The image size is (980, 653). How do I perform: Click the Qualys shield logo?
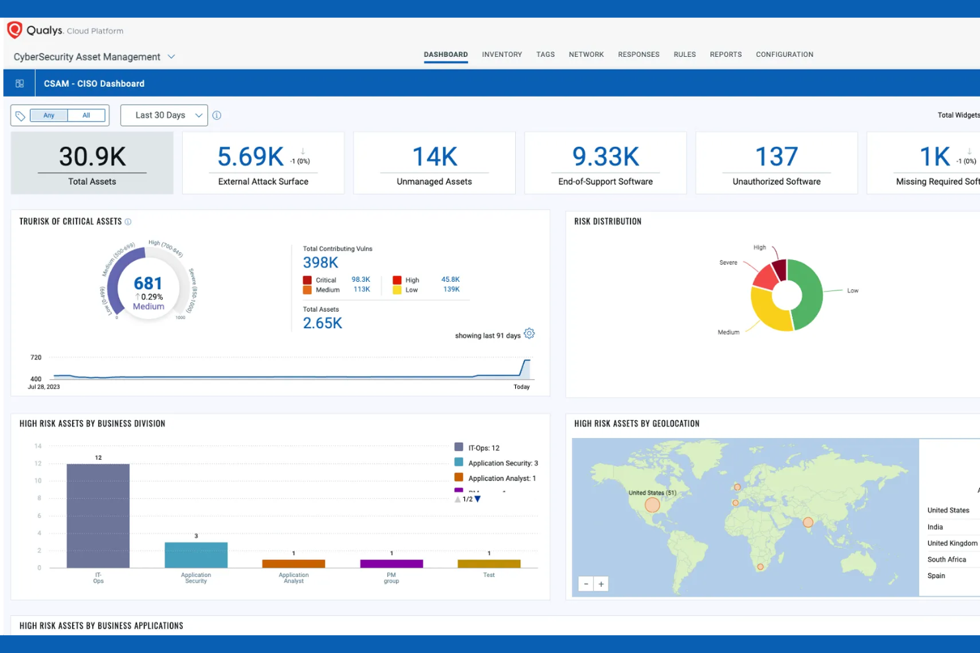[15, 30]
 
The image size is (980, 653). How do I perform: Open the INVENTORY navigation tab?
[502, 54]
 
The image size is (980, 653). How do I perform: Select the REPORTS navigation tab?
[726, 54]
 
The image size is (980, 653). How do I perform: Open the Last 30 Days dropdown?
[164, 115]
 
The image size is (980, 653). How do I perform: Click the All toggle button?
[86, 115]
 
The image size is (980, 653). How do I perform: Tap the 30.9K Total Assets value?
[92, 157]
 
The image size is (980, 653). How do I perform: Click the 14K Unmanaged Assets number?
[434, 157]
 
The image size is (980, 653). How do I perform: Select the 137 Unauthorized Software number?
[776, 157]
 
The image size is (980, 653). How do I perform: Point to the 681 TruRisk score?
[148, 283]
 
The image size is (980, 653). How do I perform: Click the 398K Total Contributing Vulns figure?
[320, 263]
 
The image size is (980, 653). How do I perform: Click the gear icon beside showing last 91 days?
[529, 333]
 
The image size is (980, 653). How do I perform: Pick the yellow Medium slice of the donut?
[769, 312]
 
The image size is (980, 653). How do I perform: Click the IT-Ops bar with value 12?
[98, 515]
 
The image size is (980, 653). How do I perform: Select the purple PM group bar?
[391, 564]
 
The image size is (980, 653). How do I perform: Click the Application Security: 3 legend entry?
[503, 463]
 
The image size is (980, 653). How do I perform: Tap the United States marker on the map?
[652, 505]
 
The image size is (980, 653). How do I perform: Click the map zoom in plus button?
[601, 584]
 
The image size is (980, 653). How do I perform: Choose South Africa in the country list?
[946, 560]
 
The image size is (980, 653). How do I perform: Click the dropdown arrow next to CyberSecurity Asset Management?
[171, 57]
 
